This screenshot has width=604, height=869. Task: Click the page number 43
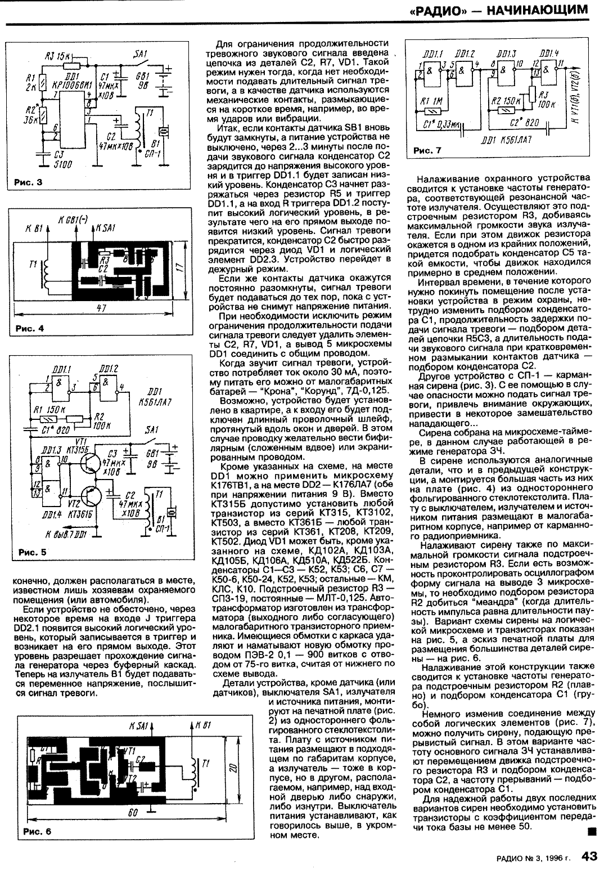click(x=589, y=857)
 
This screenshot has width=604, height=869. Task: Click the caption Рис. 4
click(x=28, y=329)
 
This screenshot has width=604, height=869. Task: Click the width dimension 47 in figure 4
click(x=101, y=308)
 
